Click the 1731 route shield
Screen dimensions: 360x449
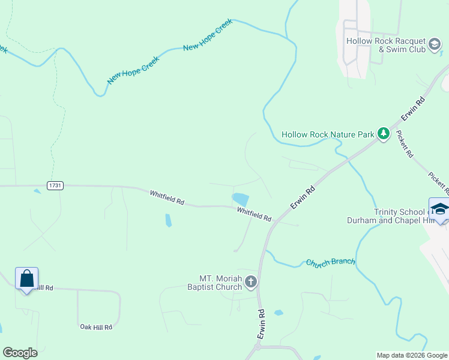click(55, 186)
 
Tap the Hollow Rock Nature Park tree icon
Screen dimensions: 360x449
click(384, 134)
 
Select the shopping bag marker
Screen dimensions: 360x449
click(26, 279)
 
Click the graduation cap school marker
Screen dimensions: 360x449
click(439, 209)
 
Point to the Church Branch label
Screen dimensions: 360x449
click(331, 262)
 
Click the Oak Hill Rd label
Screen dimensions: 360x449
click(96, 327)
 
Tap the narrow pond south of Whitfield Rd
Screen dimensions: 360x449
click(168, 220)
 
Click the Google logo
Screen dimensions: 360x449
click(20, 353)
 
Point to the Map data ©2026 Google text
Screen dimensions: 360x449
click(411, 355)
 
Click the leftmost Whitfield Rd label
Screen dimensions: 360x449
click(167, 197)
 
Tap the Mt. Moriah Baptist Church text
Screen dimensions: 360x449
click(220, 283)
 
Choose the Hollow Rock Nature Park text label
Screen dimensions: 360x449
click(328, 134)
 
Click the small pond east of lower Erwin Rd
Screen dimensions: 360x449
click(279, 313)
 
